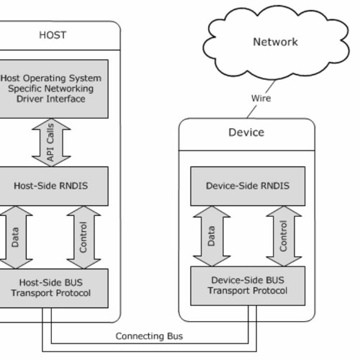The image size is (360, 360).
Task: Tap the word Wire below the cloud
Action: [x=261, y=98]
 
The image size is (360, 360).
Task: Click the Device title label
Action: [x=246, y=132]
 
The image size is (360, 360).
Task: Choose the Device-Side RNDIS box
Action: [x=247, y=186]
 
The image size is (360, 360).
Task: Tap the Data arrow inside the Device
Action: [x=212, y=235]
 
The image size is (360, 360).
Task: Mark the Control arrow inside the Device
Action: [x=283, y=235]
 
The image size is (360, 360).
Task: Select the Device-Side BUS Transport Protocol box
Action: [x=247, y=285]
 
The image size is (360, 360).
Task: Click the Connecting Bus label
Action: [x=149, y=336]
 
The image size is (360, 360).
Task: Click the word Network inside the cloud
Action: [x=275, y=42]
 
